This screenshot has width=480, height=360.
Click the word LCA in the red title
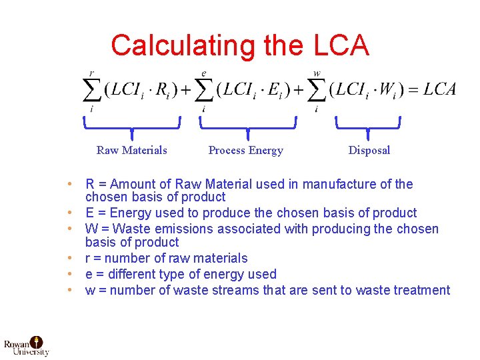click(x=339, y=45)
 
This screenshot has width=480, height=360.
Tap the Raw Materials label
click(x=131, y=150)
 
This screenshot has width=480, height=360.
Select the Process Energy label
click(x=245, y=150)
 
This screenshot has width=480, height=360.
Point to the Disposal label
click(x=369, y=150)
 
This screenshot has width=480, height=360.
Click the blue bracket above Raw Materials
click(x=131, y=125)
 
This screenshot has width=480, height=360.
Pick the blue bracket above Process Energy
click(x=247, y=125)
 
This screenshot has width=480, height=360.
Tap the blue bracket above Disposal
click(x=367, y=125)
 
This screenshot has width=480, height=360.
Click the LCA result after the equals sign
click(x=439, y=89)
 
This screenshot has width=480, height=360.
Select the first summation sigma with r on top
click(x=91, y=89)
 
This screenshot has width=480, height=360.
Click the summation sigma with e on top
click(x=203, y=89)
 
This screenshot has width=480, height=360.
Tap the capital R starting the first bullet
click(x=90, y=185)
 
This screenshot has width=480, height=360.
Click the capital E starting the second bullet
click(x=90, y=213)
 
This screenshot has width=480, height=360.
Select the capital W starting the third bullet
click(x=91, y=229)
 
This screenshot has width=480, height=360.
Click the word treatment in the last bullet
click(x=422, y=290)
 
